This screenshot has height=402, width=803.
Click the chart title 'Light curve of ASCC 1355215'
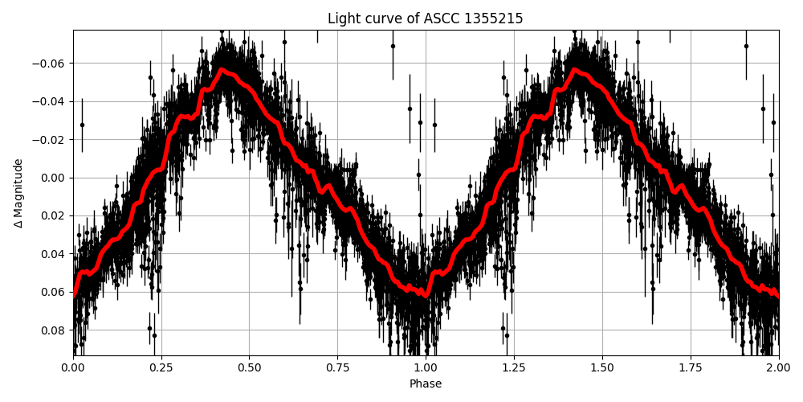pyautogui.click(x=425, y=18)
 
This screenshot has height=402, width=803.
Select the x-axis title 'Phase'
pyautogui.click(x=425, y=384)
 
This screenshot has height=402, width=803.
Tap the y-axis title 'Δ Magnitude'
pyautogui.click(x=18, y=193)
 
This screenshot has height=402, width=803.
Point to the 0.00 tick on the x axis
pyautogui.click(x=73, y=368)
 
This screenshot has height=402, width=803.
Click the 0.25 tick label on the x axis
pyautogui.click(x=161, y=368)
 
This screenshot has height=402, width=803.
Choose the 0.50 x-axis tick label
pyautogui.click(x=249, y=368)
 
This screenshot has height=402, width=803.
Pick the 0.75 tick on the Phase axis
pyautogui.click(x=337, y=368)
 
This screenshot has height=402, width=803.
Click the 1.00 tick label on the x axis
pyautogui.click(x=426, y=368)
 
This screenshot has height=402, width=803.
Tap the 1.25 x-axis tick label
pyautogui.click(x=514, y=368)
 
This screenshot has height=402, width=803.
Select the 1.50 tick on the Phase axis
pyautogui.click(x=602, y=368)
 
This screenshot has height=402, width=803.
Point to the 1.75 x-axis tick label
pyautogui.click(x=691, y=368)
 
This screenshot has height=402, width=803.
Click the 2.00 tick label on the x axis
pyautogui.click(x=778, y=368)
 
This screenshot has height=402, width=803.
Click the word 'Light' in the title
pyautogui.click(x=343, y=18)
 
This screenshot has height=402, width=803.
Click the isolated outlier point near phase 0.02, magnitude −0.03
pyautogui.click(x=82, y=125)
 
